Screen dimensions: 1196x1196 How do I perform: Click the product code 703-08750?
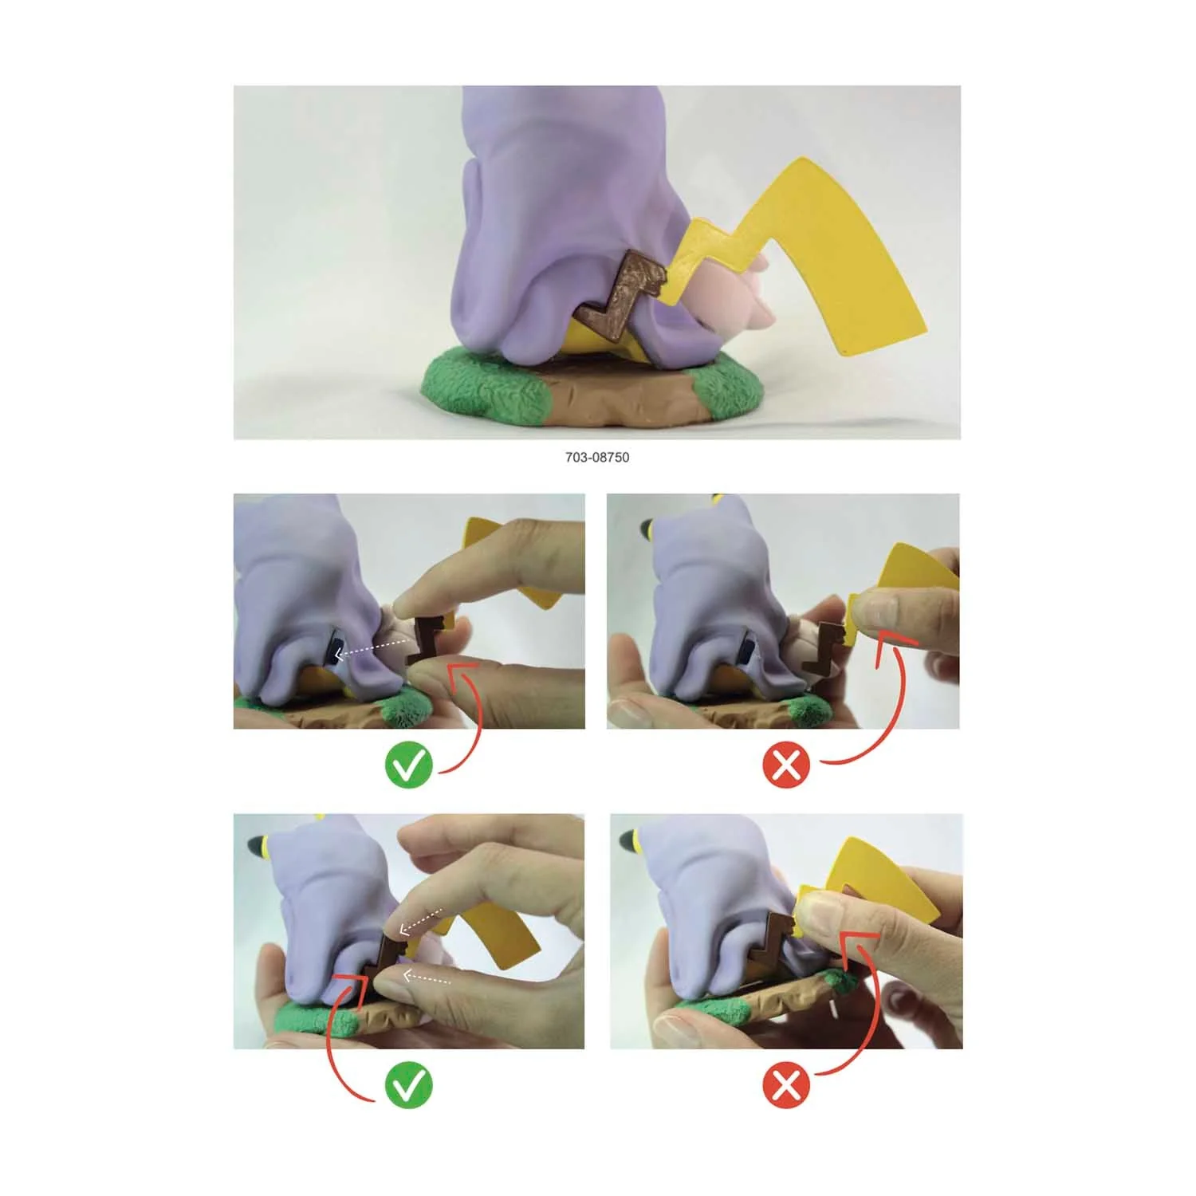coord(597,458)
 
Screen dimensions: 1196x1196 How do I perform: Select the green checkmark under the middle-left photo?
coord(408,765)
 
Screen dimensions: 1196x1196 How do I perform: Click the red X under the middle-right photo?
coord(786,765)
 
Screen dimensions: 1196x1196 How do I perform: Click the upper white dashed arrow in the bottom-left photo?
coord(422,921)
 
